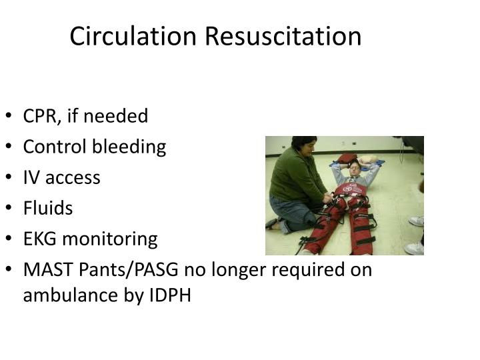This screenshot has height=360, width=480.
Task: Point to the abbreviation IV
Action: tap(31, 177)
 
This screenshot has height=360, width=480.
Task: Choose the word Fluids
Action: tap(48, 208)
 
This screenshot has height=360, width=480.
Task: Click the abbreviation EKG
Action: tap(39, 239)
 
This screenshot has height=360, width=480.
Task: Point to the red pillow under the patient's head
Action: tap(349, 158)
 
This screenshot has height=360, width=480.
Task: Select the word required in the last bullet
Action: tap(303, 269)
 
